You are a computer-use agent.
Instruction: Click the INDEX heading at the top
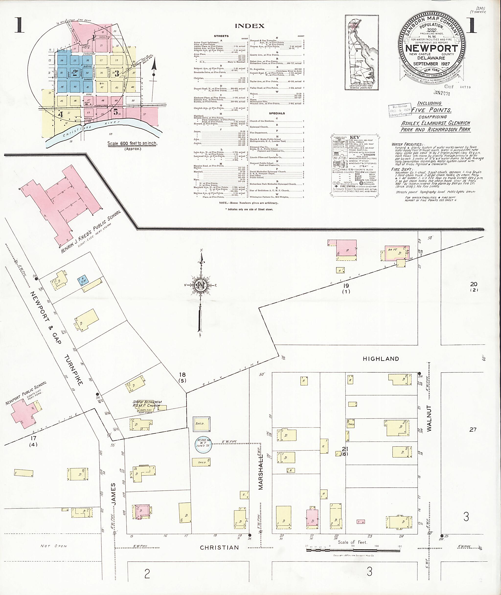250,26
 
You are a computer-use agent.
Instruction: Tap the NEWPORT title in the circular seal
432,48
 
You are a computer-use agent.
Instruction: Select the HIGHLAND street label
381,359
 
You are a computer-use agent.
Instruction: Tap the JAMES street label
113,494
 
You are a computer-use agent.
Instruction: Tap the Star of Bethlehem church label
147,404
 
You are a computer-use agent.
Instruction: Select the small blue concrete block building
83,281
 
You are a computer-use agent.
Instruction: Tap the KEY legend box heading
355,137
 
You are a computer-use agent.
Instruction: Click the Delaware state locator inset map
362,53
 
